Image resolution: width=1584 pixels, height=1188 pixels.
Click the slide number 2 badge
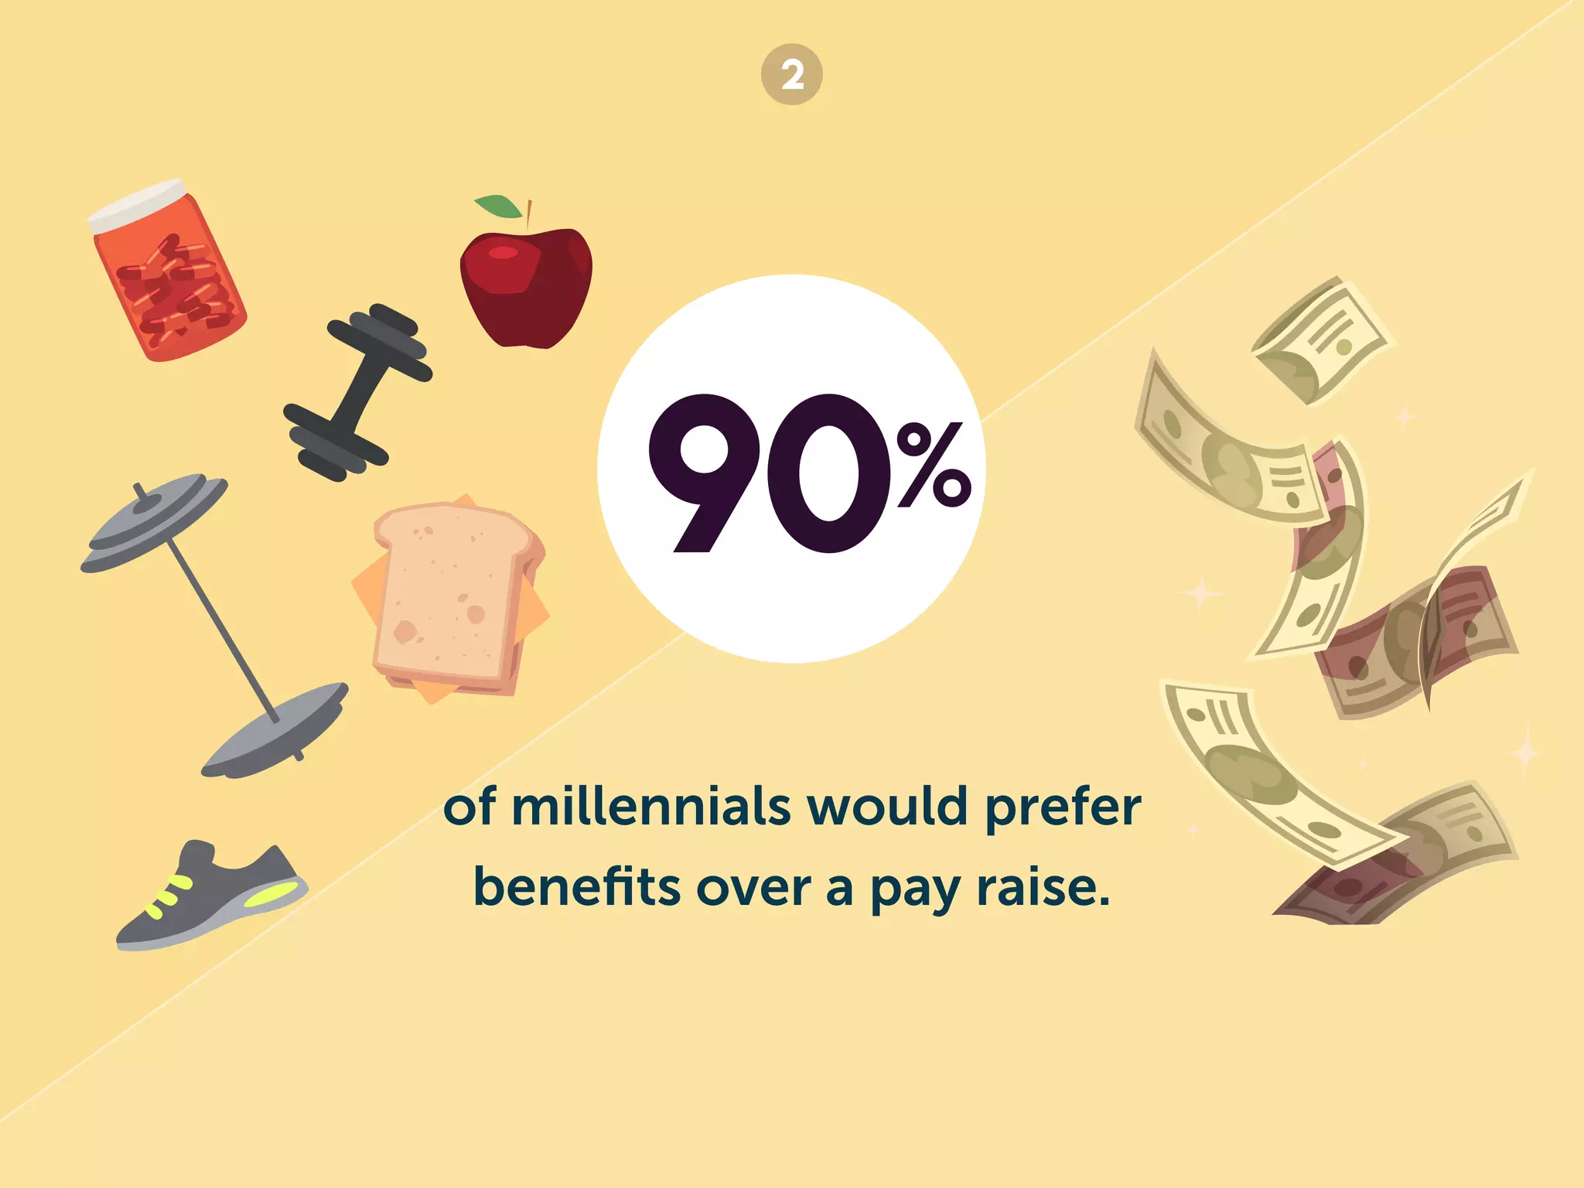tap(791, 75)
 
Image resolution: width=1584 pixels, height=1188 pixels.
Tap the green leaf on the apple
tap(499, 207)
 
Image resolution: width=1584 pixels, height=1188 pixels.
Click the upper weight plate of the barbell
tap(155, 522)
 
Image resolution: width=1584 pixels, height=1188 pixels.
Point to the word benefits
tap(577, 886)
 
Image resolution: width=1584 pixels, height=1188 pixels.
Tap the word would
tap(887, 807)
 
